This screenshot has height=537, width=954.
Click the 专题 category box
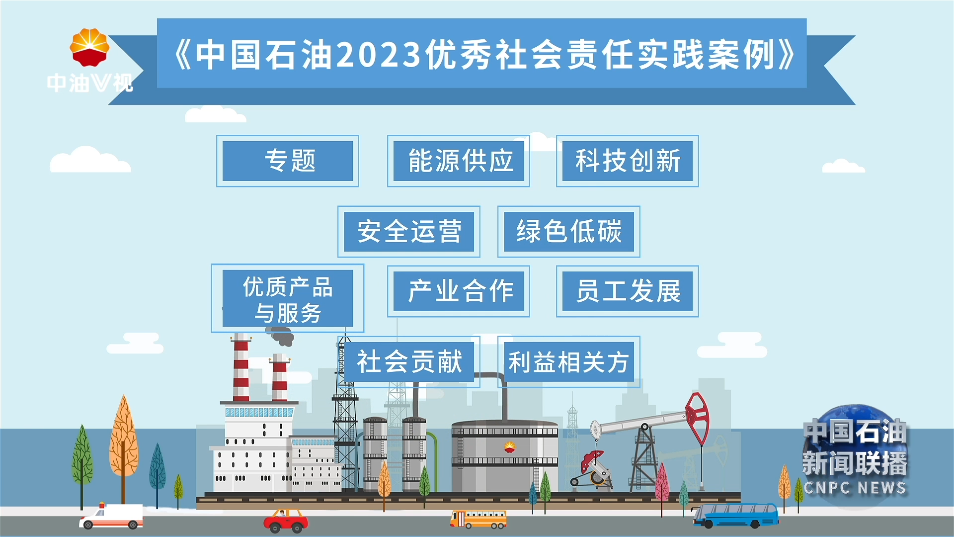tap(288, 161)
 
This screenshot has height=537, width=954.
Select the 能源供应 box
tap(459, 161)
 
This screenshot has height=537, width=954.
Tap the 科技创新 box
tap(628, 161)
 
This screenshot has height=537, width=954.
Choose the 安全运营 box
tap(409, 232)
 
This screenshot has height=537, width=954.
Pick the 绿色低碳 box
tap(569, 232)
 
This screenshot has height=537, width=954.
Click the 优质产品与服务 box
tap(288, 298)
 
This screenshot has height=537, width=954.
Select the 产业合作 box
tap(459, 291)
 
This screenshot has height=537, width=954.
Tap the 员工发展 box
tap(628, 291)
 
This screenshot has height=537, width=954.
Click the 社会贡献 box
tap(409, 362)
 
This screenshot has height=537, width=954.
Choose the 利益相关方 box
tap(569, 362)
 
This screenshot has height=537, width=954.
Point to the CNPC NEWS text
tap(855, 488)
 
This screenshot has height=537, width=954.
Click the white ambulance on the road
tap(112, 516)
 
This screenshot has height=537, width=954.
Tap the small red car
tap(286, 521)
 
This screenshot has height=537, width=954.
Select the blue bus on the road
tap(736, 516)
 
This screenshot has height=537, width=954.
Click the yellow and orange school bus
tap(478, 519)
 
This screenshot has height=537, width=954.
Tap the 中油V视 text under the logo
tap(90, 83)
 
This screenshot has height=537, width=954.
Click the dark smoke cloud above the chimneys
tap(281, 336)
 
